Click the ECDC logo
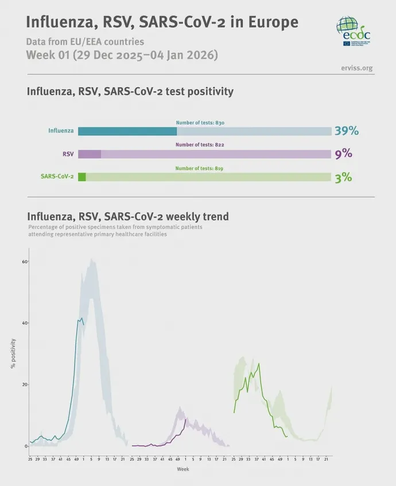[x=353, y=32]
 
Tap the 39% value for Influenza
[x=347, y=131]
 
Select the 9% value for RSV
[x=343, y=154]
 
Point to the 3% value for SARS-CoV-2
[x=343, y=177]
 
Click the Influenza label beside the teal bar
[x=61, y=131]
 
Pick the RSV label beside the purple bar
[x=68, y=154]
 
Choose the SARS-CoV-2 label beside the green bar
[x=57, y=177]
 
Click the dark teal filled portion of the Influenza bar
[x=127, y=131]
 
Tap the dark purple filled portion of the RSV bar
[x=90, y=154]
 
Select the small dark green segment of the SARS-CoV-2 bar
[x=81, y=177]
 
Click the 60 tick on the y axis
[x=25, y=262]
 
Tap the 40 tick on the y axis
[x=25, y=323]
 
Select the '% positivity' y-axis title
[x=13, y=353]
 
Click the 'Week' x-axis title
[x=183, y=469]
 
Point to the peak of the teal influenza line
[x=81, y=318]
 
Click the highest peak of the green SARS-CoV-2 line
[x=259, y=363]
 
